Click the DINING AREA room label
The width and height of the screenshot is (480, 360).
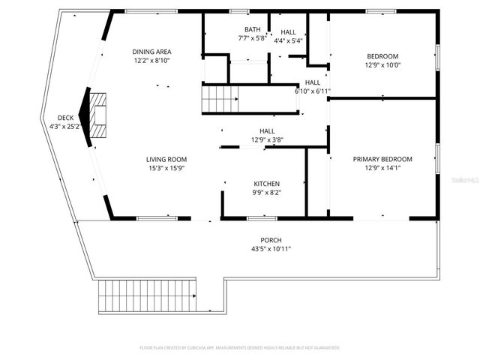click(x=151, y=50)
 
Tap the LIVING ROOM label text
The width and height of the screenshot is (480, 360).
click(x=166, y=159)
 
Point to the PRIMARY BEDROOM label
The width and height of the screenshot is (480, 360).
click(x=382, y=159)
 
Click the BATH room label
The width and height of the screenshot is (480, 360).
click(x=252, y=30)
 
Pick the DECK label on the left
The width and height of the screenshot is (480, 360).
click(x=66, y=118)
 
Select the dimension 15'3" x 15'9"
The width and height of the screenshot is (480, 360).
click(x=166, y=168)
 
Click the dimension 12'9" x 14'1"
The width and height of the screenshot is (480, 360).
click(x=382, y=168)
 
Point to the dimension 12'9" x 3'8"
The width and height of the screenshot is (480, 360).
click(x=267, y=139)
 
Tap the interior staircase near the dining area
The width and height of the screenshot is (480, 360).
click(x=220, y=97)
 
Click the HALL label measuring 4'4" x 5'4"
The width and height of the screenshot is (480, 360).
click(x=289, y=32)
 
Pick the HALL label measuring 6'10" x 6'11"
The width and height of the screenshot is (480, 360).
click(x=313, y=82)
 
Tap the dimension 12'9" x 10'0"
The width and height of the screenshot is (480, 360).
click(x=382, y=65)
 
